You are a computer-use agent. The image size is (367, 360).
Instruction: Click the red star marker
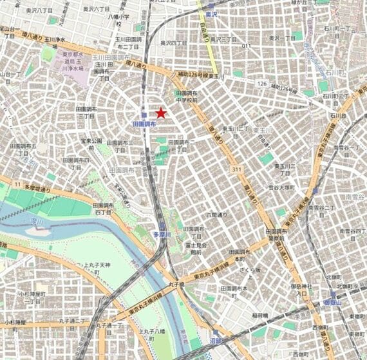pos(160,113)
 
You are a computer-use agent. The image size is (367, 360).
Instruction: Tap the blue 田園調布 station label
pos(144,123)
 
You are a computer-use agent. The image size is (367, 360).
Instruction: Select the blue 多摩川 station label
pos(162,235)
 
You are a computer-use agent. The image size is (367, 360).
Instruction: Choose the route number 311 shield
pos(236,169)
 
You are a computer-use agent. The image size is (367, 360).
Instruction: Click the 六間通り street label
pos(216,214)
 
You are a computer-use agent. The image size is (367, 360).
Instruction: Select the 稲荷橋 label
pos(259,316)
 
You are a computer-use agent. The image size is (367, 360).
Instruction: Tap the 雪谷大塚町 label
pos(282,188)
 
